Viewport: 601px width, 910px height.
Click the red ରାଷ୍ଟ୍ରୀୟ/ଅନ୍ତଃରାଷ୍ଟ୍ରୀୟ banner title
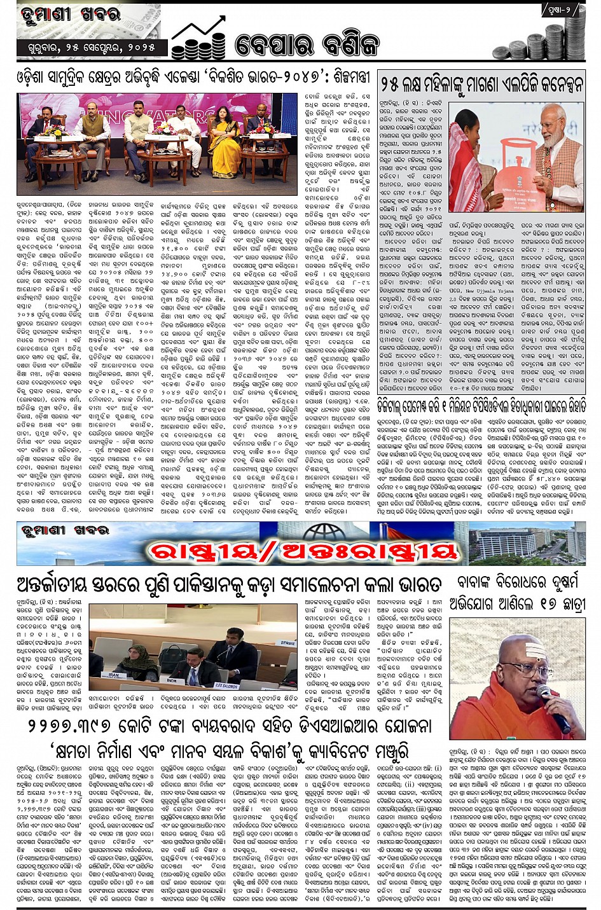point(303,551)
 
